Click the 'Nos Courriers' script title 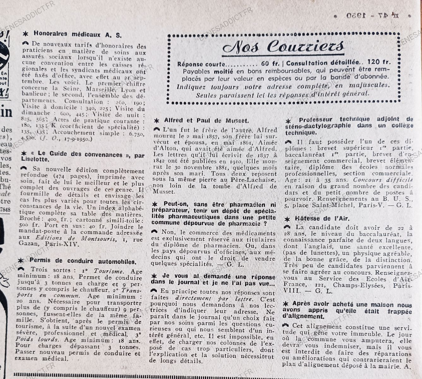tap(283, 47)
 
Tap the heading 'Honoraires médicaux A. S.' tap(77, 34)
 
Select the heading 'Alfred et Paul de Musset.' tap(206, 120)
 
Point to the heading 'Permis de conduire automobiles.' tap(83, 261)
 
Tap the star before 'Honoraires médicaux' tap(26, 33)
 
